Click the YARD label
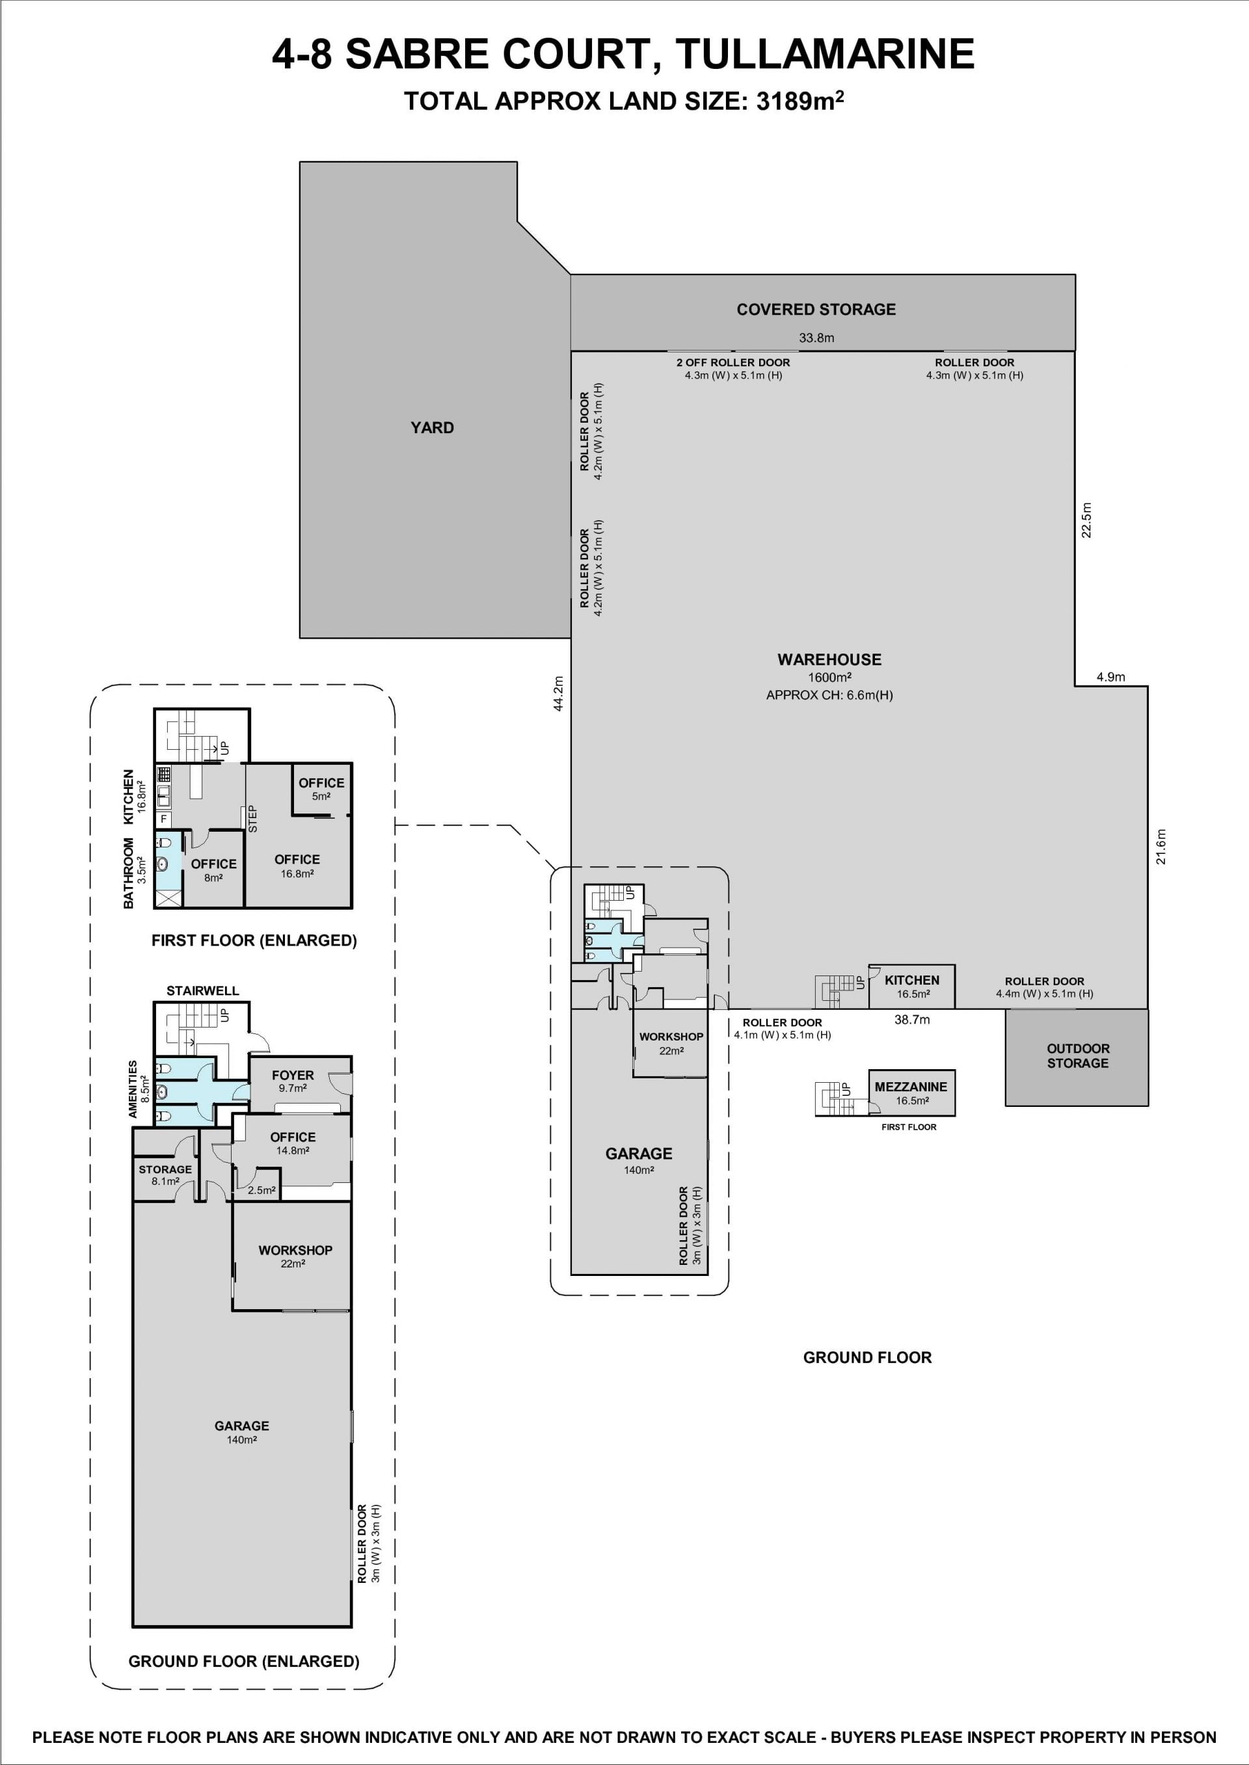tap(432, 427)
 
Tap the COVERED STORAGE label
tap(816, 310)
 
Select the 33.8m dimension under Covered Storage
tap(816, 338)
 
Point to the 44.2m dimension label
tap(558, 693)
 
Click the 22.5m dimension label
tap(1087, 520)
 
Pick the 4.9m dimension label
tap(1110, 677)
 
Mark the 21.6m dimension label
tap(1161, 846)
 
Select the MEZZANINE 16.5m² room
tap(911, 1093)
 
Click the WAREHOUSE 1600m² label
tap(829, 668)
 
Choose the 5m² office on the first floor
tap(321, 789)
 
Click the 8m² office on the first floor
tap(214, 869)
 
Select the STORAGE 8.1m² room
tap(165, 1175)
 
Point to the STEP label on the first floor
tap(252, 819)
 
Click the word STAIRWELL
tap(203, 991)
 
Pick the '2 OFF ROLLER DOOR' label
tap(733, 363)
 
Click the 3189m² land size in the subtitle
tap(801, 101)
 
